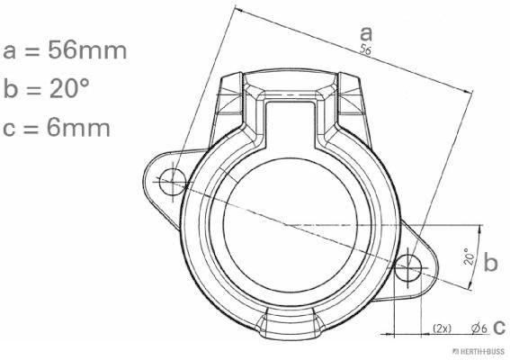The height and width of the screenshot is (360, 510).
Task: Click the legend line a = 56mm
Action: click(65, 50)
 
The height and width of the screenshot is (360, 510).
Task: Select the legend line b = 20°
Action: click(46, 88)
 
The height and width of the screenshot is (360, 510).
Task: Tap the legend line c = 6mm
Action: click(57, 128)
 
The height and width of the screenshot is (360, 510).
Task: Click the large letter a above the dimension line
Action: click(366, 33)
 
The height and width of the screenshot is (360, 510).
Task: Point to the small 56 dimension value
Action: click(365, 49)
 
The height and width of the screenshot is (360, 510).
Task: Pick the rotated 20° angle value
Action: click(470, 256)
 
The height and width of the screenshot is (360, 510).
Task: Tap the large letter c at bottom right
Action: click(499, 327)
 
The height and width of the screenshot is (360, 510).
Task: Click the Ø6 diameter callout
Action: click(479, 328)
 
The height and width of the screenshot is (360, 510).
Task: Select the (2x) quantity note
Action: click(443, 328)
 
